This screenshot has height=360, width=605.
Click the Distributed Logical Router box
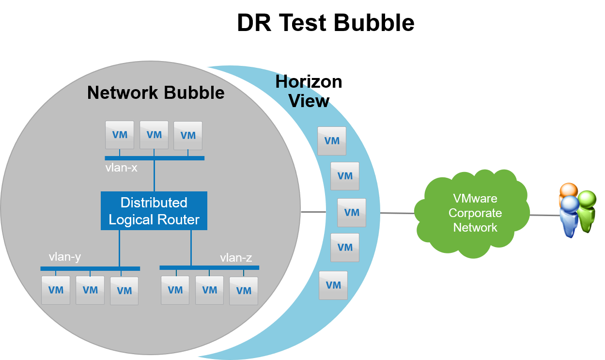pos(154,211)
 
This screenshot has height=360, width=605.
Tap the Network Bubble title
pos(155,93)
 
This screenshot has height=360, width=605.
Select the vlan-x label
pos(121,168)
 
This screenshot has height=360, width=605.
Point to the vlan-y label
pos(64,257)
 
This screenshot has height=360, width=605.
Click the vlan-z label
pos(236,258)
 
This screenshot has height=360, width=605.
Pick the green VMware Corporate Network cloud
pos(474,213)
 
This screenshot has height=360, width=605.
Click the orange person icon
pos(568,190)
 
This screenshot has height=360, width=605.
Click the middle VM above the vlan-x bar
pos(154,135)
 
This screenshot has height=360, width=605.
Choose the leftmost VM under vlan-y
pos(56,290)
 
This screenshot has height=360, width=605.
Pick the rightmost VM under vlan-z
pos(244,291)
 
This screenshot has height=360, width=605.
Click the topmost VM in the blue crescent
pos(332,141)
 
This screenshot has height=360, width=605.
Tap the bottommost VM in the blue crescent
pos(333,285)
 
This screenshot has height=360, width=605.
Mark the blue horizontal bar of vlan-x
pos(155,158)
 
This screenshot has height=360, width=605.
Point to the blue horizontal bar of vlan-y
pos(90,268)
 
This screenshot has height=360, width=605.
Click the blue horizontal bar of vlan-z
pos(209,267)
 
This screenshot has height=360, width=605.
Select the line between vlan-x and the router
pos(155,175)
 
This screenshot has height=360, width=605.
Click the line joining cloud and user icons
pos(543,215)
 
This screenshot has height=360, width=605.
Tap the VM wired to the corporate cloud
pos(352,213)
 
